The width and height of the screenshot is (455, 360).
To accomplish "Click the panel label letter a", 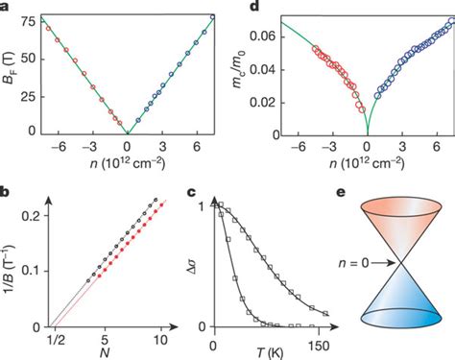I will click(x=5, y=8).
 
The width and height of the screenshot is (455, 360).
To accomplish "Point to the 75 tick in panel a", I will click(x=26, y=20).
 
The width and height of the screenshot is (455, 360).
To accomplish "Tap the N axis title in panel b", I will click(x=110, y=352).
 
